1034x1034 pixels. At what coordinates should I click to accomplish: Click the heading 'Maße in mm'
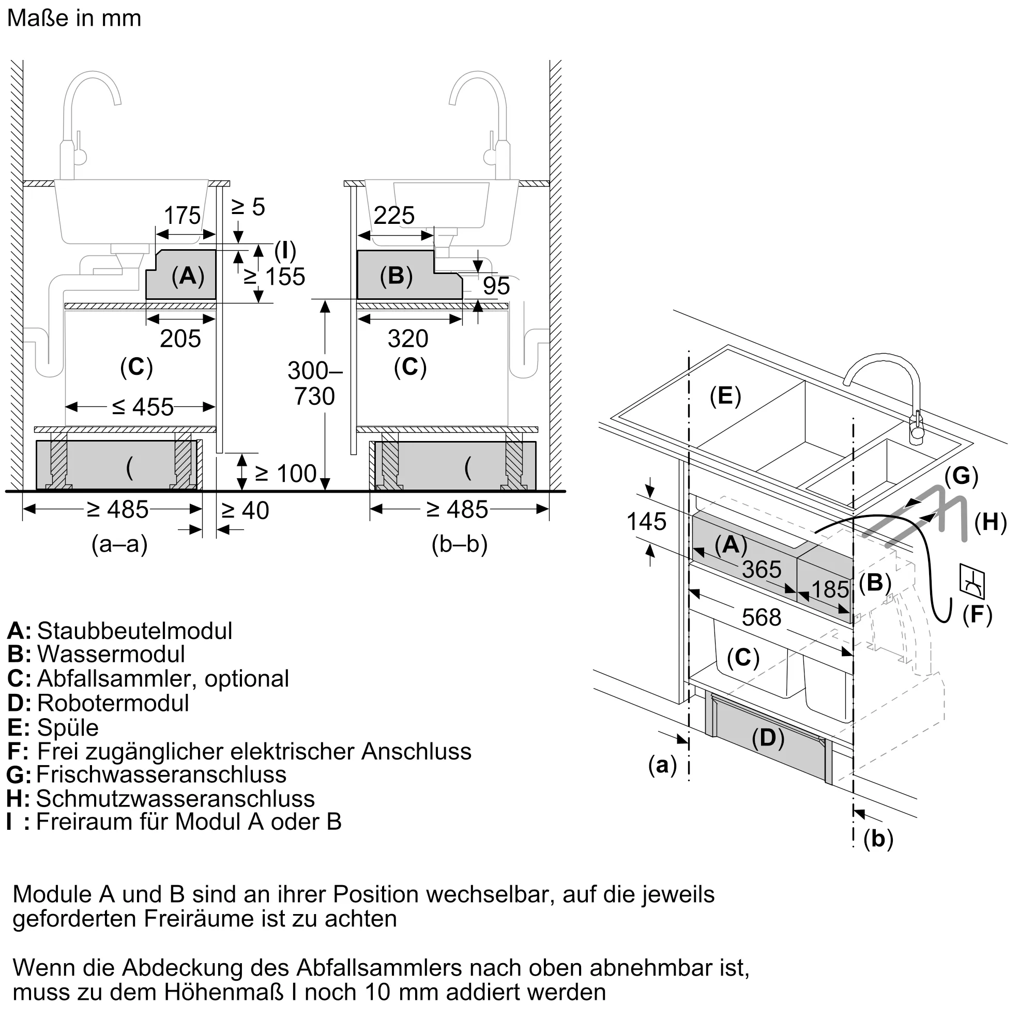pyautogui.click(x=74, y=18)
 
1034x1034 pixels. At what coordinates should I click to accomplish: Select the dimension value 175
pyautogui.click(x=182, y=216)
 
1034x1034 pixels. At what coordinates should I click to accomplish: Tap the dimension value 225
pyautogui.click(x=394, y=216)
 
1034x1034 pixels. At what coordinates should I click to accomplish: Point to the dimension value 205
pyautogui.click(x=180, y=339)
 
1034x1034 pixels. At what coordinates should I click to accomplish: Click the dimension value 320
pyautogui.click(x=408, y=339)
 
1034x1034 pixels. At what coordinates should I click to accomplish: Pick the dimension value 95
pyautogui.click(x=496, y=286)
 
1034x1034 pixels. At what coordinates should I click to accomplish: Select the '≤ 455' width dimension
pyautogui.click(x=143, y=407)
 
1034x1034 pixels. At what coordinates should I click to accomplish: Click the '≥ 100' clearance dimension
pyautogui.click(x=286, y=474)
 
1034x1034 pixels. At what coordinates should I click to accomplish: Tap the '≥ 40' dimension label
pyautogui.click(x=245, y=511)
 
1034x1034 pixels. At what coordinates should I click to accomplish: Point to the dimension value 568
pyautogui.click(x=762, y=618)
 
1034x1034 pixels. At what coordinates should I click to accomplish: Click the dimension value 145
pyautogui.click(x=647, y=522)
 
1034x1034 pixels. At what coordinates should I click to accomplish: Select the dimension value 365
pyautogui.click(x=762, y=569)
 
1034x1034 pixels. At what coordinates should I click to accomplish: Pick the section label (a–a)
pyautogui.click(x=119, y=544)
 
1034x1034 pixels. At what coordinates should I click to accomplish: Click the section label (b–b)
pyautogui.click(x=460, y=544)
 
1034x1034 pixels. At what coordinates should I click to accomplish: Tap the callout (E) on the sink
pyautogui.click(x=725, y=396)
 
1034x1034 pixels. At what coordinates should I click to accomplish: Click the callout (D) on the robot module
pyautogui.click(x=768, y=738)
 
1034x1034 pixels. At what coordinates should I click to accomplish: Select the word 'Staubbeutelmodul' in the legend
pyautogui.click(x=134, y=631)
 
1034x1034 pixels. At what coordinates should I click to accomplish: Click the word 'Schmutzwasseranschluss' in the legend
pyautogui.click(x=175, y=799)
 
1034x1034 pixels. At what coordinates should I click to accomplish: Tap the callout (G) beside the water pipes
pyautogui.click(x=961, y=476)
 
